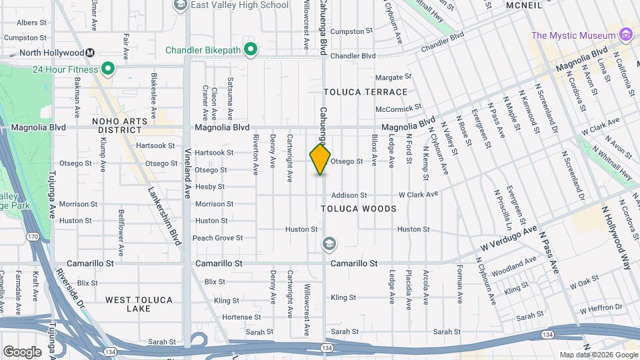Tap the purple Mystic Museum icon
point(625,35)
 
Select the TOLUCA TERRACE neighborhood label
point(365,92)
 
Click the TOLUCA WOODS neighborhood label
point(359,209)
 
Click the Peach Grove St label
point(217,238)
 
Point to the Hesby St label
point(215,187)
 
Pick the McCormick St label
point(399,107)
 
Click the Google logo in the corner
point(22,351)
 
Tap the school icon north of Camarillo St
point(328,245)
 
